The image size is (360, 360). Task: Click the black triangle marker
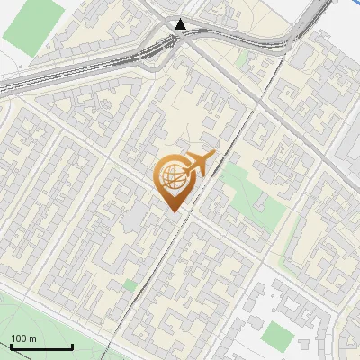[x=183, y=24]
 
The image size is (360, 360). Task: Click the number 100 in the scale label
[x=18, y=338]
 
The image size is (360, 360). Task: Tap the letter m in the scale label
[x=31, y=338]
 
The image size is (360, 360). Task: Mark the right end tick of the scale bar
[x=72, y=346]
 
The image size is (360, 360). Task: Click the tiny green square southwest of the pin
[x=130, y=285]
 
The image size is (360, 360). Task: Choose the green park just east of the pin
[x=247, y=193]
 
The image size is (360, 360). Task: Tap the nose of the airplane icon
[x=215, y=157]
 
